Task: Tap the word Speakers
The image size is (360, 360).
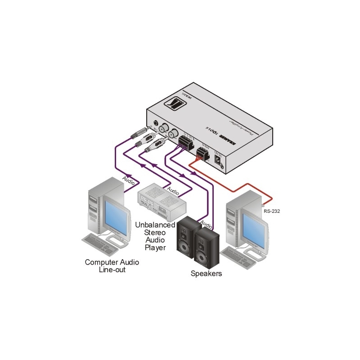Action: pos(206,273)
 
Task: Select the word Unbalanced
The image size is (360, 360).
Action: pos(155,225)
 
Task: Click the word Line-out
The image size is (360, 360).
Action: pos(112,270)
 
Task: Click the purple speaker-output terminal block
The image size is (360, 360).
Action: pos(185,144)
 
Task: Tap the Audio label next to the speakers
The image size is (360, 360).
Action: pos(206,222)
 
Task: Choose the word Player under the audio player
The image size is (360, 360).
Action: pos(155,247)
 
